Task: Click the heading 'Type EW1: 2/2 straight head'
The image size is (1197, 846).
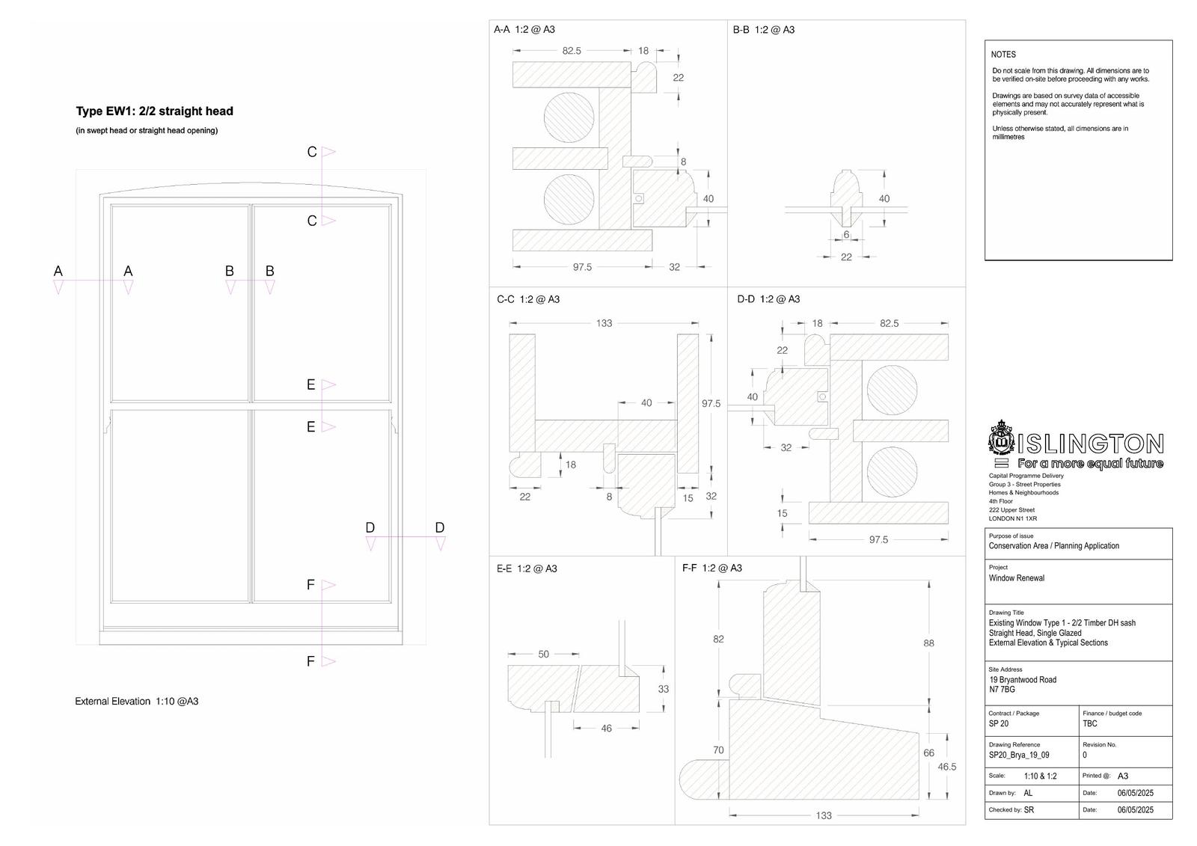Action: (x=154, y=111)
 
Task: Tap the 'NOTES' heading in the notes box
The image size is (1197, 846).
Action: (x=1003, y=55)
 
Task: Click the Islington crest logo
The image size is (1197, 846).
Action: (x=1001, y=438)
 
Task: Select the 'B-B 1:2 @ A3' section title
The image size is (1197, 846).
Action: (x=763, y=30)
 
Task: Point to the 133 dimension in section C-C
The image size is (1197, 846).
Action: (x=604, y=323)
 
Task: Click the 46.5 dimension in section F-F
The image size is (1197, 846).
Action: (x=947, y=767)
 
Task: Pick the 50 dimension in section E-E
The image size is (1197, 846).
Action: (x=543, y=655)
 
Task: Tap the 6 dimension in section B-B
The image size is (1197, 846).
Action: (x=846, y=235)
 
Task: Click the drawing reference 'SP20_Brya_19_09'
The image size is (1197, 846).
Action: (x=1018, y=755)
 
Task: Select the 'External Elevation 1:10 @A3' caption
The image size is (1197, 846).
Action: (x=136, y=701)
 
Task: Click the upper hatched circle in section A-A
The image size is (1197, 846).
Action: (x=569, y=117)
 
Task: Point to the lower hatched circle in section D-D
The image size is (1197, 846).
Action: (x=892, y=472)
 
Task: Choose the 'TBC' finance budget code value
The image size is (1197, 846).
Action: (x=1089, y=723)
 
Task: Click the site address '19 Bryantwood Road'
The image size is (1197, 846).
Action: (x=1023, y=680)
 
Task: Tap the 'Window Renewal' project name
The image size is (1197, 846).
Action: (x=1017, y=577)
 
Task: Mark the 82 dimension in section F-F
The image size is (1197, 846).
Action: (x=718, y=640)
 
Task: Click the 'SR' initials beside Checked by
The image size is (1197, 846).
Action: (x=1029, y=809)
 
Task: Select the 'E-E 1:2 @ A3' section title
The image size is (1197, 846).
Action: (x=527, y=568)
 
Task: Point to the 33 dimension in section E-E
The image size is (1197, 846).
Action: (x=663, y=689)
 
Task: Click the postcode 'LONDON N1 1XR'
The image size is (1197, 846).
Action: (x=1013, y=518)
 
